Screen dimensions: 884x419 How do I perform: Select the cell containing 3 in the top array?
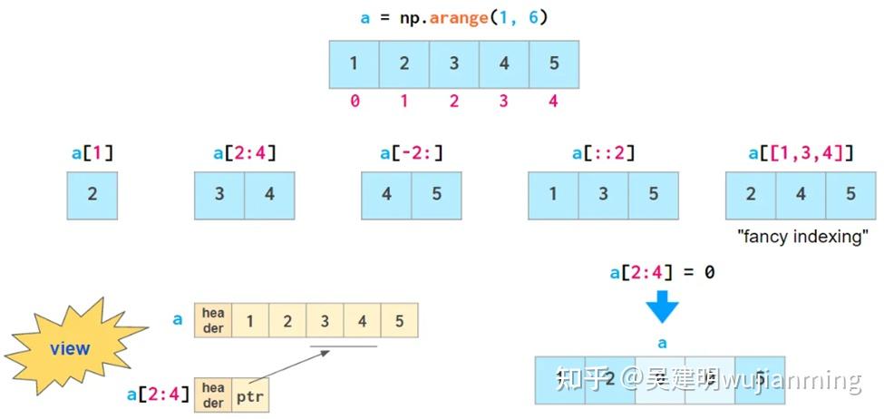tap(454, 64)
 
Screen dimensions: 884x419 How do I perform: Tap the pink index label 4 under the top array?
tap(553, 102)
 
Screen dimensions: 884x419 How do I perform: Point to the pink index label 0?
tap(355, 102)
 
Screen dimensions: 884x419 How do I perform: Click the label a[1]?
tap(92, 152)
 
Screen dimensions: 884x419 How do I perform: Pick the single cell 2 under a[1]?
tap(92, 195)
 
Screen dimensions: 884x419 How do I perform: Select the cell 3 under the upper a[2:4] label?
tap(219, 195)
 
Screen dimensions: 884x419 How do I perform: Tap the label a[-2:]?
tap(412, 152)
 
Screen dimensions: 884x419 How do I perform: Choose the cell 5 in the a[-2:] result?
tap(436, 195)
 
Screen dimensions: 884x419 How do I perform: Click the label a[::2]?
tap(603, 152)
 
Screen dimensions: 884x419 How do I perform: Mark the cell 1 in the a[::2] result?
tap(553, 195)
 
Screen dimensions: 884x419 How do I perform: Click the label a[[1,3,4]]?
tap(801, 152)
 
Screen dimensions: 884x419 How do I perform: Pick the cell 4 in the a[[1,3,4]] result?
tap(801, 195)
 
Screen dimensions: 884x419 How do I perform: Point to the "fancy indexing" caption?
tap(801, 237)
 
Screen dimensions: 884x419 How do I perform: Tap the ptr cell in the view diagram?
tap(249, 396)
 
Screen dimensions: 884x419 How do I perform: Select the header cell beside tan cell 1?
tap(213, 320)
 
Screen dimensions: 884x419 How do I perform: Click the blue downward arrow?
tap(662, 307)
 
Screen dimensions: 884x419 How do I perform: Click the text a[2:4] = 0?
tap(661, 272)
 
